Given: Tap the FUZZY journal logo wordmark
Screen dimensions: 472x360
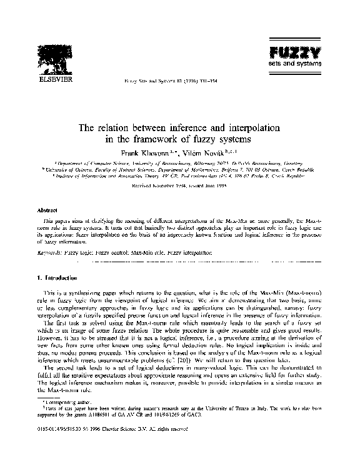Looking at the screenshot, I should (x=287, y=52).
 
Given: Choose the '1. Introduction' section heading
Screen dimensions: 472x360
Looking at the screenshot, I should (x=57, y=275).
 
